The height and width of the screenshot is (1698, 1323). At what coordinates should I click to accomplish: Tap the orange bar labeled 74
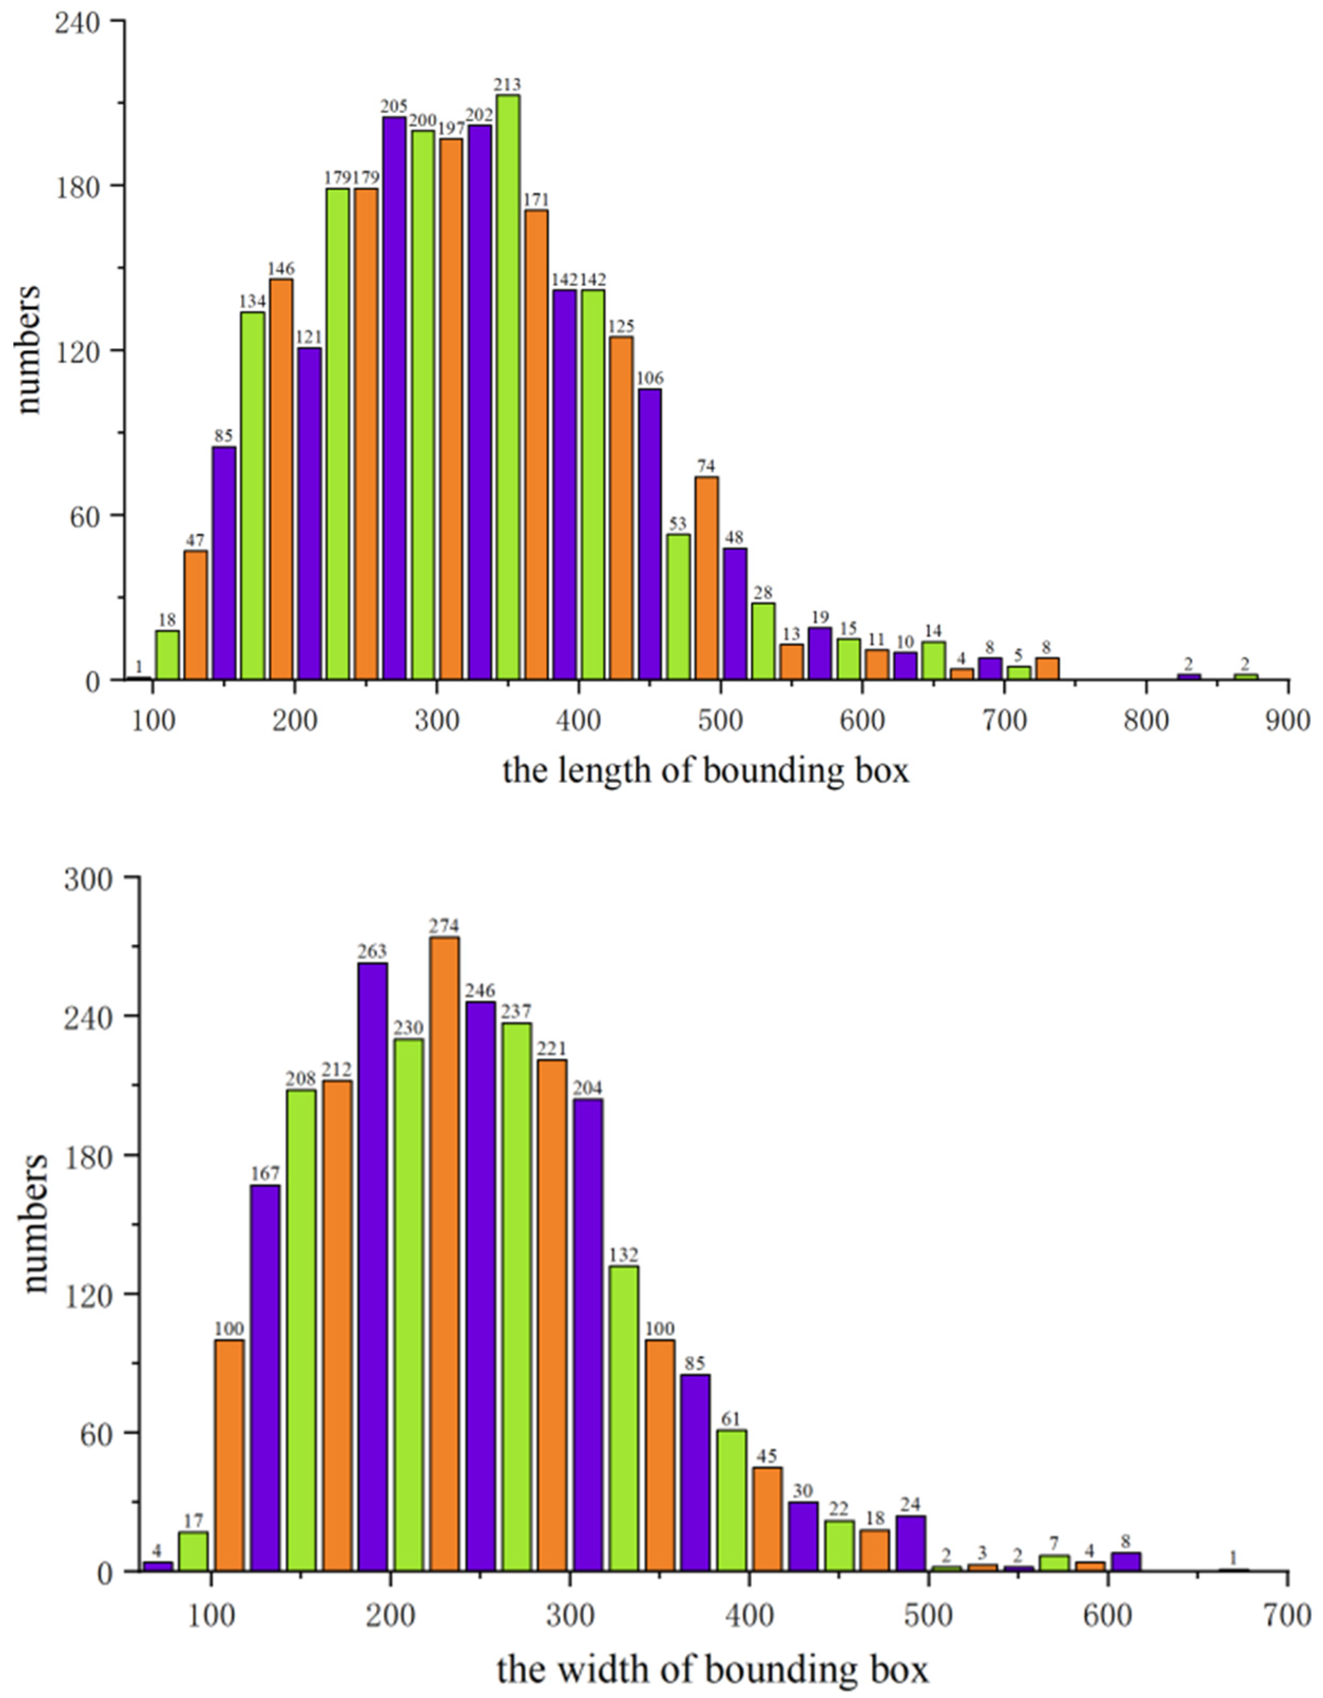[x=707, y=579]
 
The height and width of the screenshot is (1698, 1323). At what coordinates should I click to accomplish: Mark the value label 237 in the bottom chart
[x=516, y=1011]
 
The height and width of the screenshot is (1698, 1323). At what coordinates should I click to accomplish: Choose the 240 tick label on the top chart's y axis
[x=77, y=22]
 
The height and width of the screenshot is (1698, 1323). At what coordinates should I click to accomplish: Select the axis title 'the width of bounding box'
[x=711, y=1668]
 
